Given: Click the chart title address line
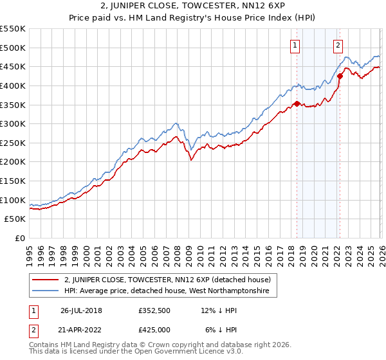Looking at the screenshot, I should pos(193,7).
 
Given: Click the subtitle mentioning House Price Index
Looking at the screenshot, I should pos(193,19).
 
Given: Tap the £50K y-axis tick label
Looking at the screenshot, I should pos(15,219).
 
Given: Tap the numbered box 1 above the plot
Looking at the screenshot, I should pos(295,45).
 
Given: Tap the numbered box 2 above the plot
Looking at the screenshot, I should pos(338,45).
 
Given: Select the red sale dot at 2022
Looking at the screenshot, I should pos(340,76).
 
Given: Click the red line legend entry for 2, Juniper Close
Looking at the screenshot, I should pos(167,280).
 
